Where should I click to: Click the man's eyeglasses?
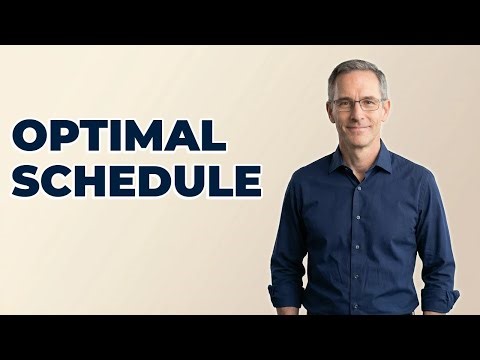pyautogui.click(x=356, y=103)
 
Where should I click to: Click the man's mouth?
pyautogui.click(x=357, y=126)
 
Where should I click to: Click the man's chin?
pyautogui.click(x=357, y=140)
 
